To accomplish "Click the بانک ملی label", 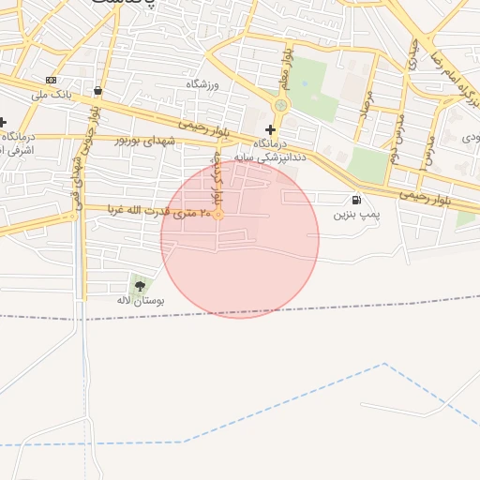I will click(52, 94).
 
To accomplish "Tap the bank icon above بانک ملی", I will click(52, 80).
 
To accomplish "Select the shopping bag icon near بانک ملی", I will click(97, 90).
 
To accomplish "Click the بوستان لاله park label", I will click(141, 301).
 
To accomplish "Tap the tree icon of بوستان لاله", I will click(141, 285).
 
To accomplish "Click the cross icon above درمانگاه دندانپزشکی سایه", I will click(271, 129).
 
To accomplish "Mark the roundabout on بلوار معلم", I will click(281, 106).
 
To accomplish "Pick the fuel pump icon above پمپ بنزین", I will click(355, 200).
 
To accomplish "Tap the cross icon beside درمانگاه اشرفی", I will click(3, 122).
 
